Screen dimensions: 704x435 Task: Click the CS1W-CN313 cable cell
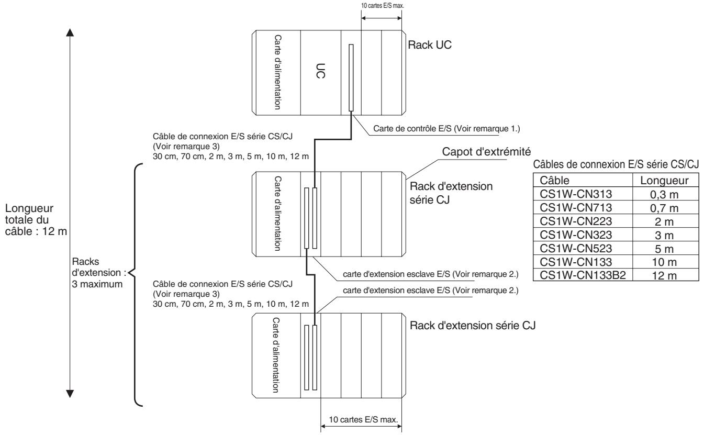click(x=583, y=194)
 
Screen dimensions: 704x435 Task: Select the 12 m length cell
click(x=665, y=275)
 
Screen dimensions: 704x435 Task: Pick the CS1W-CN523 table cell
click(x=583, y=248)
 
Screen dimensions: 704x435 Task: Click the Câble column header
click(x=583, y=181)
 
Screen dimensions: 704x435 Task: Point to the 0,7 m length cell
click(x=665, y=208)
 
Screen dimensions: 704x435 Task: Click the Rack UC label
click(x=430, y=45)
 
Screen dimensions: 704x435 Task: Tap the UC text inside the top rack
click(x=320, y=71)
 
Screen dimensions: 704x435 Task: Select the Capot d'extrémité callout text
click(x=486, y=151)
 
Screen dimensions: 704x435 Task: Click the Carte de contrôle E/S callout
click(x=446, y=129)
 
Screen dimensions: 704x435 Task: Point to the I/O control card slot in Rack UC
click(x=351, y=77)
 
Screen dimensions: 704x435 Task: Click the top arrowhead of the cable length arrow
click(x=70, y=32)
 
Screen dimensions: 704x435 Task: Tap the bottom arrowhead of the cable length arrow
click(x=70, y=394)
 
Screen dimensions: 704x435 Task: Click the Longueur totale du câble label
click(x=36, y=220)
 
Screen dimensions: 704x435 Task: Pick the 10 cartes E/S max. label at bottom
click(x=363, y=420)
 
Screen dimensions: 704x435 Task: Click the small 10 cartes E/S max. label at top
click(x=383, y=6)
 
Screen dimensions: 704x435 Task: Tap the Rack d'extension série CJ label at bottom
click(x=472, y=325)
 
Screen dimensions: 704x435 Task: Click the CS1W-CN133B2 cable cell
click(x=583, y=275)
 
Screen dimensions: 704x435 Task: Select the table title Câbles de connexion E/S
click(x=616, y=164)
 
